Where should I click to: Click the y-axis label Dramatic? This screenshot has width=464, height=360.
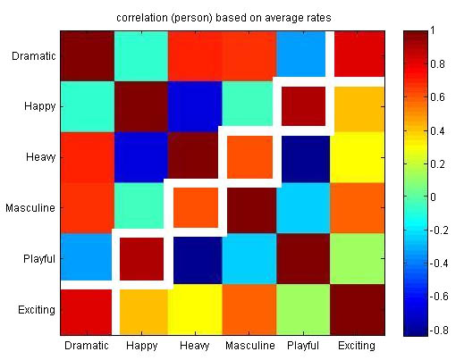(32, 57)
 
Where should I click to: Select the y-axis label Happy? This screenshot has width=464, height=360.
(40, 107)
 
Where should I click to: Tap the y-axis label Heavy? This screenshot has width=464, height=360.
(40, 158)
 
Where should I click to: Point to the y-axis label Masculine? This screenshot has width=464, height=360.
(31, 208)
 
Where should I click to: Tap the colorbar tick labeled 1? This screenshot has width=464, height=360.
(435, 31)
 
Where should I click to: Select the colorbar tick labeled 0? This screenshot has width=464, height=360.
(435, 197)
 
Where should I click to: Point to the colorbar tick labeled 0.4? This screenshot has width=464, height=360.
(439, 130)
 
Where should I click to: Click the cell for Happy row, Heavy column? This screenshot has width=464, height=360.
(194, 106)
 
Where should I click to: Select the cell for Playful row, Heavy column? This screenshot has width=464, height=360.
(194, 259)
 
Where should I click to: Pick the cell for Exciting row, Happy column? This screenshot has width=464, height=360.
(140, 310)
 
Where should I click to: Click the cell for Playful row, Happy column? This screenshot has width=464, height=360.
(140, 259)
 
